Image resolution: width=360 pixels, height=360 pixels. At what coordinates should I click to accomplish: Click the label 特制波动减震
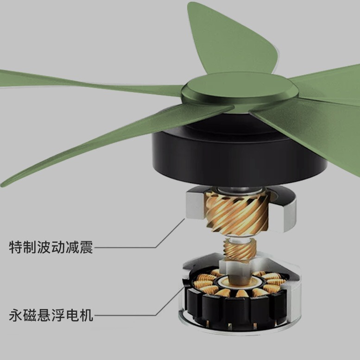tap(51, 247)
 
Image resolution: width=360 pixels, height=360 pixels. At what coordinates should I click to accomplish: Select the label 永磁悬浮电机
tap(51, 316)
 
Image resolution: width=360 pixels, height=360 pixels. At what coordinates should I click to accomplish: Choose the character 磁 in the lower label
tap(30, 316)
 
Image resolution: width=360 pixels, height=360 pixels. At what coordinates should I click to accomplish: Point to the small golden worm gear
tap(238, 250)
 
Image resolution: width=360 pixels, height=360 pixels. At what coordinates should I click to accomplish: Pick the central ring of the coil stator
tap(238, 280)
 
